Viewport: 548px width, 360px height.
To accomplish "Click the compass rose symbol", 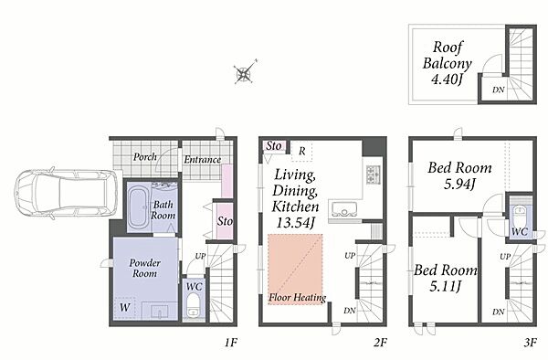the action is pyautogui.click(x=245, y=73).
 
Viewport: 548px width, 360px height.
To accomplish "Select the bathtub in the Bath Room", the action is pyautogui.click(x=139, y=207).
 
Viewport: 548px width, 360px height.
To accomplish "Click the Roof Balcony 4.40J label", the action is pyautogui.click(x=447, y=63).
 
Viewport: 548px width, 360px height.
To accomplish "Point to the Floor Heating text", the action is pyautogui.click(x=298, y=298).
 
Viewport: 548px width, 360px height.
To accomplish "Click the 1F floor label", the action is pyautogui.click(x=231, y=343).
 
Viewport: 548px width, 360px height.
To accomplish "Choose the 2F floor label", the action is pyautogui.click(x=380, y=343).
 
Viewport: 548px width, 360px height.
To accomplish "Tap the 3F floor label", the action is pyautogui.click(x=530, y=343).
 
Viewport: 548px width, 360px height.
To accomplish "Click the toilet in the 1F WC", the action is pyautogui.click(x=193, y=305).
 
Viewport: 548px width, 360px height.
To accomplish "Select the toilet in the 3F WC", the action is pyautogui.click(x=520, y=215).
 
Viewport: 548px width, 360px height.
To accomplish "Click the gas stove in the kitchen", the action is pyautogui.click(x=373, y=174).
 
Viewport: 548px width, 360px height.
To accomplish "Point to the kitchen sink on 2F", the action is pyautogui.click(x=344, y=209).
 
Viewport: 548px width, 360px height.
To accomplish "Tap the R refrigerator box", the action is pyautogui.click(x=302, y=152).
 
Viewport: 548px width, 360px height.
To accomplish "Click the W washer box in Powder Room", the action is pyautogui.click(x=124, y=308).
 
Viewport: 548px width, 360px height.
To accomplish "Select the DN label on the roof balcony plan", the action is pyautogui.click(x=499, y=90).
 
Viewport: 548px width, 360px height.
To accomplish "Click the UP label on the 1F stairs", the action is pyautogui.click(x=200, y=256).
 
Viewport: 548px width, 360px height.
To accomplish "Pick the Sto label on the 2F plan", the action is pyautogui.click(x=274, y=146).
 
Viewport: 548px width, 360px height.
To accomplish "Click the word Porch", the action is pyautogui.click(x=145, y=157).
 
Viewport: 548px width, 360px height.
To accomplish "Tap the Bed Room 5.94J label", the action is pyautogui.click(x=459, y=175).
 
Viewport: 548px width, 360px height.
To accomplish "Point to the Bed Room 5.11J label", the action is pyautogui.click(x=446, y=279).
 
